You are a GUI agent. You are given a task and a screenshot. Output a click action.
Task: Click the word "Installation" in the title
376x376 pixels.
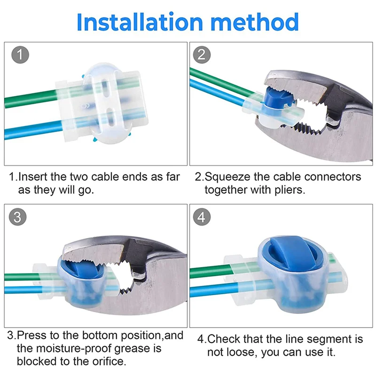click(140, 22)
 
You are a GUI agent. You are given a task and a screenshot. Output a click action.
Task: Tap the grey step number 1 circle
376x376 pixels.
click(20, 55)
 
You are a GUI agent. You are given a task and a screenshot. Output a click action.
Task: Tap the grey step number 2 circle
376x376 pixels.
click(202, 55)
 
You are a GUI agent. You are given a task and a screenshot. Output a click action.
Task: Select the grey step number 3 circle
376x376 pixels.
click(17, 217)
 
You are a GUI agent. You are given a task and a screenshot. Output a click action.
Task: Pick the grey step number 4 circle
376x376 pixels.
click(202, 217)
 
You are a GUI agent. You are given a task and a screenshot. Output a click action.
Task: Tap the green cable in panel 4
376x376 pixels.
click(211, 272)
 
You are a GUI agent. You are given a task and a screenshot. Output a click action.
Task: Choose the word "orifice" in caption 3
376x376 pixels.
click(108, 361)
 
